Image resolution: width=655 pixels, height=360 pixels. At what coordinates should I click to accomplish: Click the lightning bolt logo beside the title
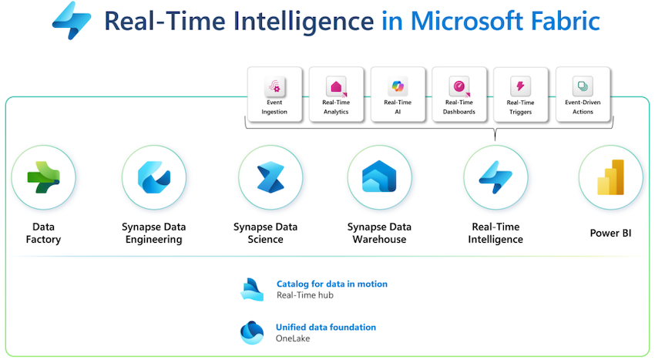click(72, 21)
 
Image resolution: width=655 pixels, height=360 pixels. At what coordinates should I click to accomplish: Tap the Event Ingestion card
click(274, 95)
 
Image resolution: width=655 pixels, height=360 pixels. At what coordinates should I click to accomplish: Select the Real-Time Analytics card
click(336, 95)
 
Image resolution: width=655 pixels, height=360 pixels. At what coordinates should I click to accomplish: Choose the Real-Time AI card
click(398, 95)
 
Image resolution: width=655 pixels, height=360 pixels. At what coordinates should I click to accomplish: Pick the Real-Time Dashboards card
click(459, 95)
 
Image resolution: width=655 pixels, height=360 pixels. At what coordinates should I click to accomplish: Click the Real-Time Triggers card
click(520, 95)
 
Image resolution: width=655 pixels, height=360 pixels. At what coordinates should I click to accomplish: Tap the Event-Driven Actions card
click(583, 95)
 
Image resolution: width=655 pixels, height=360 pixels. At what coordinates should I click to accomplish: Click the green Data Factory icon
click(43, 177)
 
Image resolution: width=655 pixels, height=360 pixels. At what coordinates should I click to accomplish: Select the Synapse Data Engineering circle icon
click(153, 177)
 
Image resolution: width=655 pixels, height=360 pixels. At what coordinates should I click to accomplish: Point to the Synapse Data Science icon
click(270, 177)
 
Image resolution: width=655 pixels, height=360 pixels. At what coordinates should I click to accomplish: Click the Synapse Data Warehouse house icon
click(379, 177)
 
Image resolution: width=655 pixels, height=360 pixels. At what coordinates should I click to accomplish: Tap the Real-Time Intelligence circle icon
click(495, 177)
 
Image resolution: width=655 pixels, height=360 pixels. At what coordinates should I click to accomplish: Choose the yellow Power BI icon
click(611, 177)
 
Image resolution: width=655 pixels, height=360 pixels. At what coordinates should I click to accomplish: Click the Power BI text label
click(611, 233)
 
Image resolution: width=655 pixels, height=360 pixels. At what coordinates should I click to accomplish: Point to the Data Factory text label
click(43, 233)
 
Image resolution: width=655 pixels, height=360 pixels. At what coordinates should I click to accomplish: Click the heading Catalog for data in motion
click(332, 284)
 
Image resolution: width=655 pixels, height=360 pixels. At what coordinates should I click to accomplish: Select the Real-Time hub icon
click(252, 289)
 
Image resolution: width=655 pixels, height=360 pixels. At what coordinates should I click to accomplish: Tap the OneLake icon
click(252, 333)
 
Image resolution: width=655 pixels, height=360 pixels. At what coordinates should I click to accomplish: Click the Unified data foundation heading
click(326, 327)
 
